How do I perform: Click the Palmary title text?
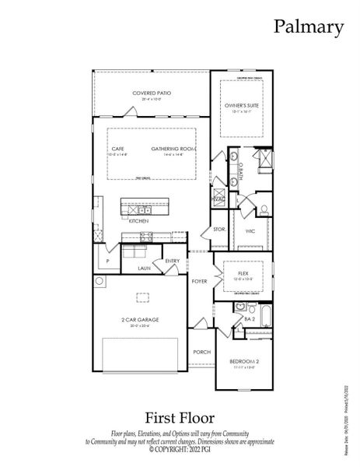coord(308,27)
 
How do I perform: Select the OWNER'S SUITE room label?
coord(241,105)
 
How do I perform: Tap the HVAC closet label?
coord(218,199)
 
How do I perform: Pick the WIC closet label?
coord(250,231)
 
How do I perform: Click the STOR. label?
coord(219,230)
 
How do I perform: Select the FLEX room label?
coord(242,273)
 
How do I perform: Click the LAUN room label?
coord(144,268)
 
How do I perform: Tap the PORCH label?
coord(201,352)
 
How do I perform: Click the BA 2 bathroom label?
coord(250,319)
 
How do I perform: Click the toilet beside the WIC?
coord(264,209)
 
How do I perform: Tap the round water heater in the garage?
coord(99,281)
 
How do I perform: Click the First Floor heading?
coord(179,418)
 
